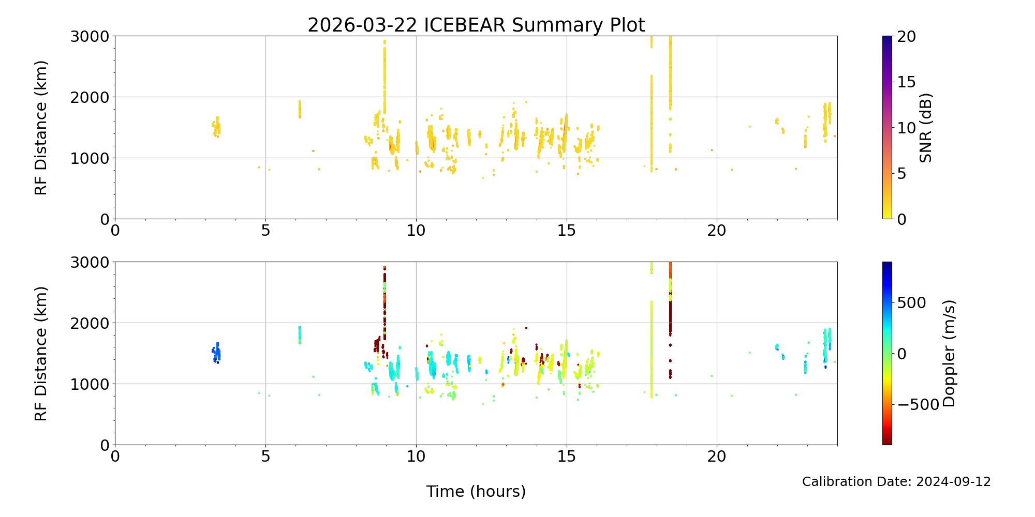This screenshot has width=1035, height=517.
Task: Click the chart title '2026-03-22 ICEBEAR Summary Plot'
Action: tap(476, 25)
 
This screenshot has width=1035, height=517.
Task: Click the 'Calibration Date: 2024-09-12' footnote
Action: tap(896, 482)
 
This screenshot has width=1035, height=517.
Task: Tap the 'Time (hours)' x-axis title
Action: tap(476, 492)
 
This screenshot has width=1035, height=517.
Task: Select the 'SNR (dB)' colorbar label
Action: tap(926, 128)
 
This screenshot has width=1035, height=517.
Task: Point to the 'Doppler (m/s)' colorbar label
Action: tap(949, 354)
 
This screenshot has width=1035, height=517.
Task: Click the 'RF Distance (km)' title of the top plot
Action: tap(41, 128)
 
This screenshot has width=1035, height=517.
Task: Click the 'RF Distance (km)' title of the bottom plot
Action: tap(41, 354)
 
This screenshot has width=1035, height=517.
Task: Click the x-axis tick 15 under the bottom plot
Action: tap(567, 457)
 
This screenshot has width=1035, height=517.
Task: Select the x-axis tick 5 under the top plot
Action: tap(265, 231)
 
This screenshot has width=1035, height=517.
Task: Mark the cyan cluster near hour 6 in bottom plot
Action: tap(299, 335)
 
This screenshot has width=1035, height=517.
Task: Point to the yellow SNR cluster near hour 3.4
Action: tap(216, 127)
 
